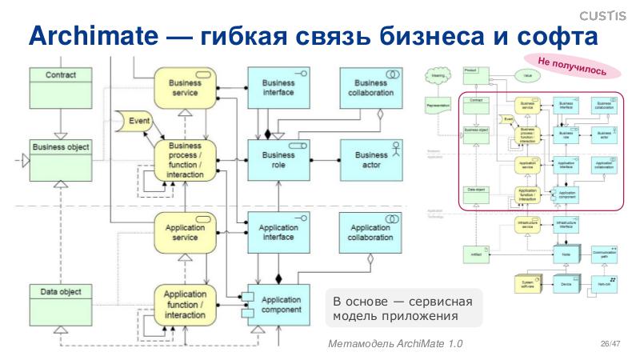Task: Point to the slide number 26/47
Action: [610, 343]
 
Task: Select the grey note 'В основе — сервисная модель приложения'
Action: [397, 307]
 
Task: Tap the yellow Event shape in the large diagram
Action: [135, 121]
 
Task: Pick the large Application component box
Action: [280, 304]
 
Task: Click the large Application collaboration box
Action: [371, 232]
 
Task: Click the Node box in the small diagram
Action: [566, 254]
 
